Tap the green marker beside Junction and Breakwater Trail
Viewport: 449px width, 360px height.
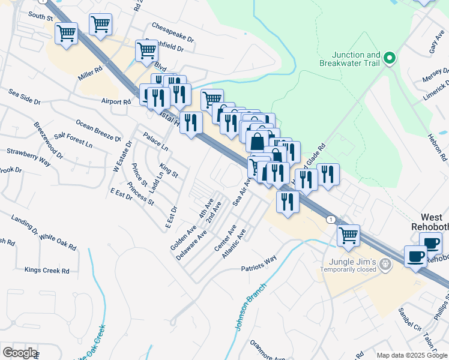click(x=390, y=58)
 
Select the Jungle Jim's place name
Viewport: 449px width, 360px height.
click(x=352, y=262)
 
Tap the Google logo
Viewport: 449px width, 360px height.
click(x=19, y=353)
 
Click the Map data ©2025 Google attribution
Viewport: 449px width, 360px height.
click(x=411, y=355)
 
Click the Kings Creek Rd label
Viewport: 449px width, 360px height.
click(x=47, y=271)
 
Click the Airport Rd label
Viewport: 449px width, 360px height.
click(x=116, y=102)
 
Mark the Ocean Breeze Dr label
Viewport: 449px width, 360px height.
click(x=96, y=131)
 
